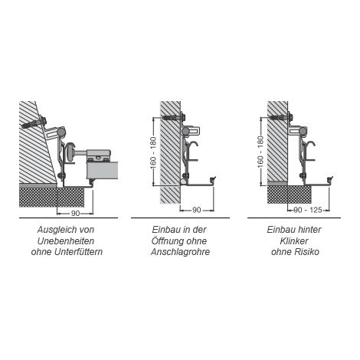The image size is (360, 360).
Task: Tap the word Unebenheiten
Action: click(66, 241)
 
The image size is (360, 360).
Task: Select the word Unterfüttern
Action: click(77, 252)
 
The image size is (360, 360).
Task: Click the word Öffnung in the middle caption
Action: click(167, 241)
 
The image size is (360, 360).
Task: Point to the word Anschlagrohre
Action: click(180, 252)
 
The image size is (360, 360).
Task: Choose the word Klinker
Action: click(294, 241)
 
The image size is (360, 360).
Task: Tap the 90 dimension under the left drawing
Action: click(75, 213)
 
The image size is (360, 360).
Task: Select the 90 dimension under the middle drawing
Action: click(196, 210)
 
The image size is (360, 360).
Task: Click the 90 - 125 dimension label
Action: click(308, 210)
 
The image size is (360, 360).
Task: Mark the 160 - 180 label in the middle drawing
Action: click(153, 153)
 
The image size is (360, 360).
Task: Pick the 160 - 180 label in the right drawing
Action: click(260, 152)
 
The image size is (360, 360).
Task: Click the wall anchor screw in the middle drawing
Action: click(174, 117)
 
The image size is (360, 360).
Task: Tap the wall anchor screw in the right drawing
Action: click(281, 117)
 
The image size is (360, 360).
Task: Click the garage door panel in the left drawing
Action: click(103, 170)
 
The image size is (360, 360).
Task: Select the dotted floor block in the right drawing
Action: click(289, 195)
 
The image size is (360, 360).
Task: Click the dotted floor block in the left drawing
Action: click(51, 197)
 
